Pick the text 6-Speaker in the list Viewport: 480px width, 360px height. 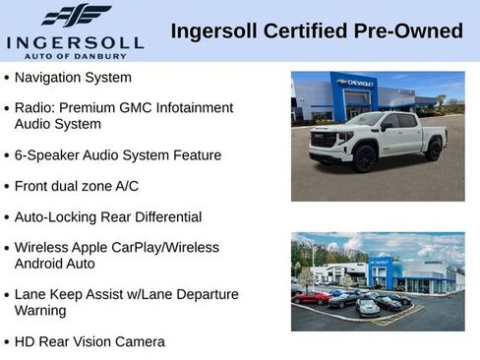(44, 155)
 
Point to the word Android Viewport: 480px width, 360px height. (39, 264)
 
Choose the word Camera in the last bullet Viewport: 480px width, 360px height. (140, 341)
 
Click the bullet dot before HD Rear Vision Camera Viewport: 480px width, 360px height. (7, 342)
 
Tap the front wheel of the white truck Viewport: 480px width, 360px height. (365, 156)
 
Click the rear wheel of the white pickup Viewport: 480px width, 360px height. (433, 150)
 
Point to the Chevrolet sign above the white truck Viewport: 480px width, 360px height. (355, 84)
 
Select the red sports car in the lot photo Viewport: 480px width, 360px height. (312, 296)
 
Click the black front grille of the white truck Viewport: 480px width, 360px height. (325, 142)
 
